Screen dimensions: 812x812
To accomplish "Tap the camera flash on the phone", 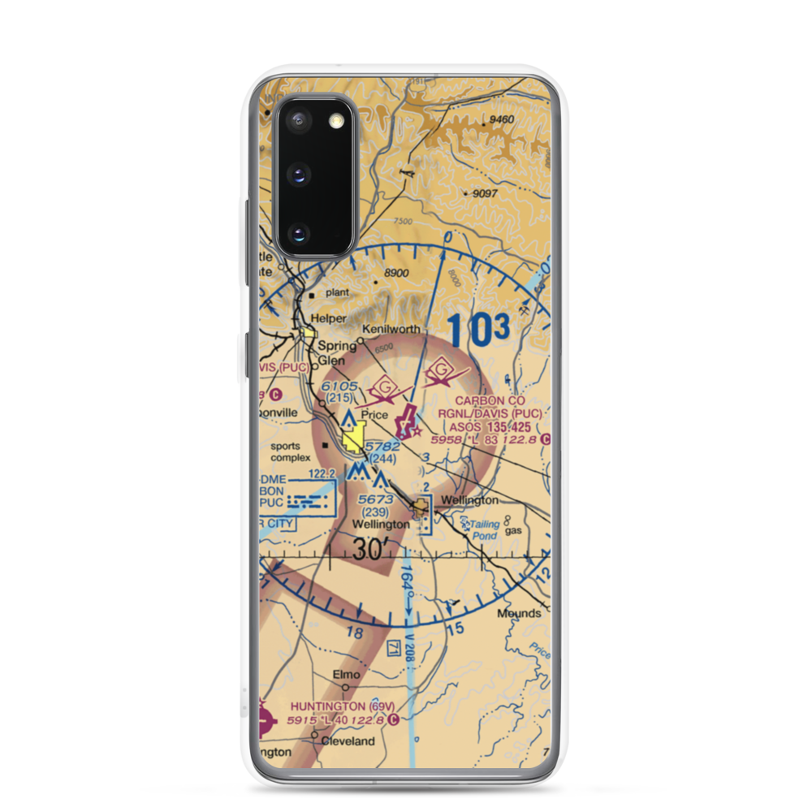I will [335, 121].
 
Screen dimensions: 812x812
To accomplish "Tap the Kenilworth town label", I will [392, 329].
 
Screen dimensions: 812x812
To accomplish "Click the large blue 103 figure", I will [478, 330].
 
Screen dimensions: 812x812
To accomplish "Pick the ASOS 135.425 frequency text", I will [497, 427].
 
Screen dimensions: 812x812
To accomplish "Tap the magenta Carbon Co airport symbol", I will [404, 424].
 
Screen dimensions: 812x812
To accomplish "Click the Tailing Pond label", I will [484, 530].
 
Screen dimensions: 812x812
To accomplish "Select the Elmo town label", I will [346, 674].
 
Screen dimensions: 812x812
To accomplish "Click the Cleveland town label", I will [348, 741].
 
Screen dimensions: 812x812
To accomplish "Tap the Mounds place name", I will [519, 613].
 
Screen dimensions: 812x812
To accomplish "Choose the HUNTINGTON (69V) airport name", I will [335, 706].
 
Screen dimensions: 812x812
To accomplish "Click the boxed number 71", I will [395, 648].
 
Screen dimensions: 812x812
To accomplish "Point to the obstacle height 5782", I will [382, 447].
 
